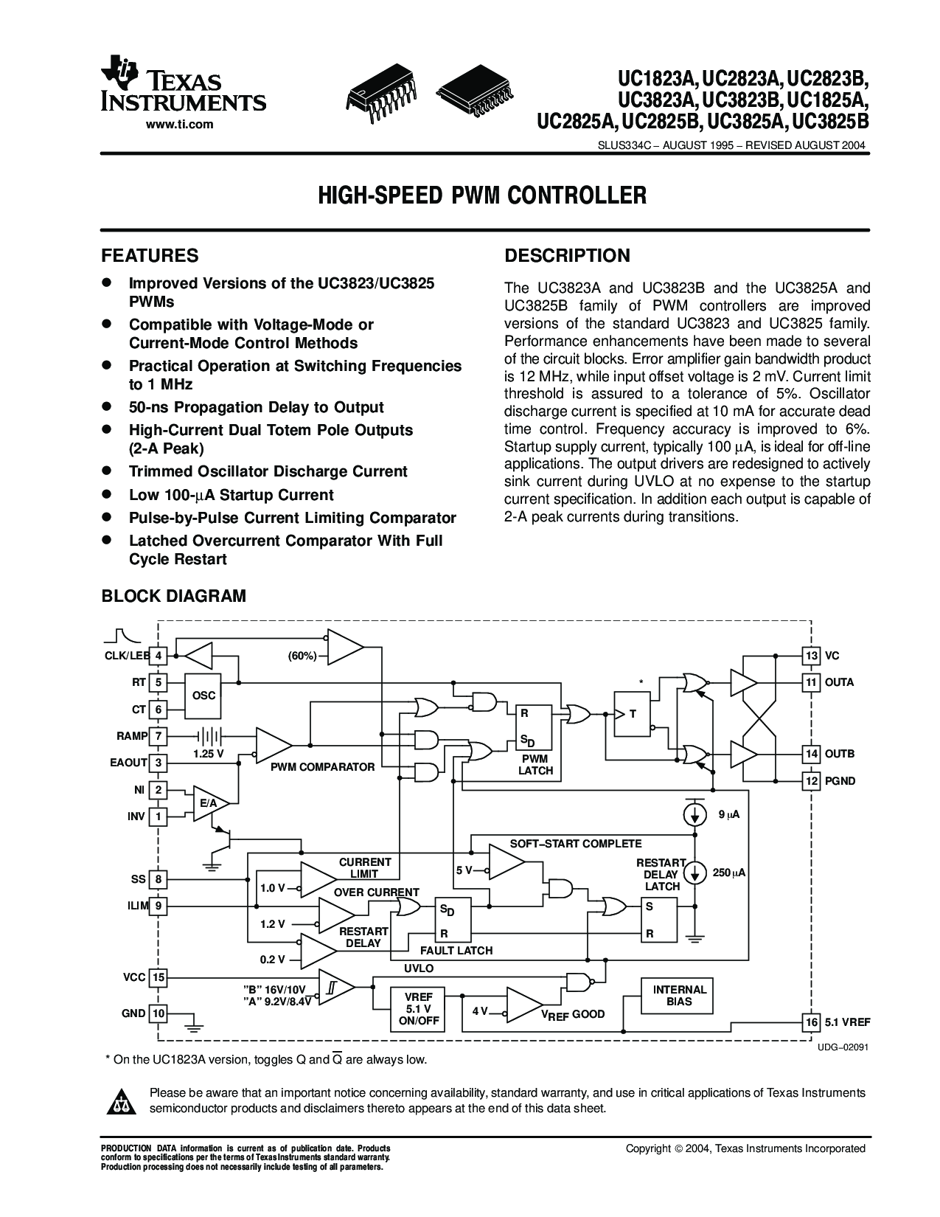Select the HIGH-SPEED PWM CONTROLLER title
click(x=481, y=196)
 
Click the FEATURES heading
click(x=150, y=256)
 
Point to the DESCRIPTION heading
click(x=567, y=256)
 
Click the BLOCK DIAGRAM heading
click(x=173, y=596)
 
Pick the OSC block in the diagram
click(x=204, y=696)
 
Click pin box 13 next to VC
click(x=811, y=656)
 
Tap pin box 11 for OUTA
click(x=811, y=682)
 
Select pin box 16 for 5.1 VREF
click(x=811, y=1022)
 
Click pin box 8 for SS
click(x=158, y=879)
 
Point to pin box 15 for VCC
click(x=158, y=978)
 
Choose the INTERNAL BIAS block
click(x=679, y=995)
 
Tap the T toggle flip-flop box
click(x=633, y=714)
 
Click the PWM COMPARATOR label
click(x=322, y=767)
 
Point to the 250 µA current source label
click(x=729, y=873)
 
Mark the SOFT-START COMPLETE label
click(x=576, y=844)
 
